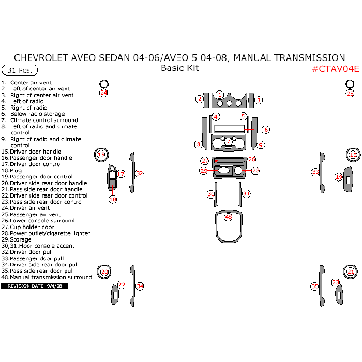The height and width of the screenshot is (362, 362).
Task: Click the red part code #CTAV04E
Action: (x=335, y=69)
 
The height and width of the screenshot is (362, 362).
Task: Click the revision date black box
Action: (x=35, y=286)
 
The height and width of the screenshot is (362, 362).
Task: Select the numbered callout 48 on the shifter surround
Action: (x=229, y=217)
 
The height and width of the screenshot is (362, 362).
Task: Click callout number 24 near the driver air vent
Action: (x=104, y=93)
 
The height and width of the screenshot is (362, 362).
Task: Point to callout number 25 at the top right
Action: (x=350, y=94)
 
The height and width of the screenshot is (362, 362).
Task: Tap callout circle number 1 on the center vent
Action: (x=220, y=95)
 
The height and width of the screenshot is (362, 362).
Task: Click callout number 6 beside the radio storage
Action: (x=266, y=130)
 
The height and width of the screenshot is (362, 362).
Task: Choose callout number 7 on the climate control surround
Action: (x=228, y=141)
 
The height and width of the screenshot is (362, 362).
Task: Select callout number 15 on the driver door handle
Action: (x=101, y=154)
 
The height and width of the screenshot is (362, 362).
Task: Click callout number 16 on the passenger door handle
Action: (x=353, y=155)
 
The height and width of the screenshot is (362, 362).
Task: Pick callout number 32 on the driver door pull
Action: (x=140, y=174)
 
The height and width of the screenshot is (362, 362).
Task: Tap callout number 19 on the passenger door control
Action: (x=339, y=177)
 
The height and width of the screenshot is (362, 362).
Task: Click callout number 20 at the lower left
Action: (x=105, y=271)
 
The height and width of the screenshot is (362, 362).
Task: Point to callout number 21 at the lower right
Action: (x=351, y=271)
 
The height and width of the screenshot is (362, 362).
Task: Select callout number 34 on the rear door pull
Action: (x=140, y=286)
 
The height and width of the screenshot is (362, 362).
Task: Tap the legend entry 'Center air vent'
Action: (x=31, y=83)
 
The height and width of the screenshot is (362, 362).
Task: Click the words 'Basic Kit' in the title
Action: (x=180, y=68)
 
